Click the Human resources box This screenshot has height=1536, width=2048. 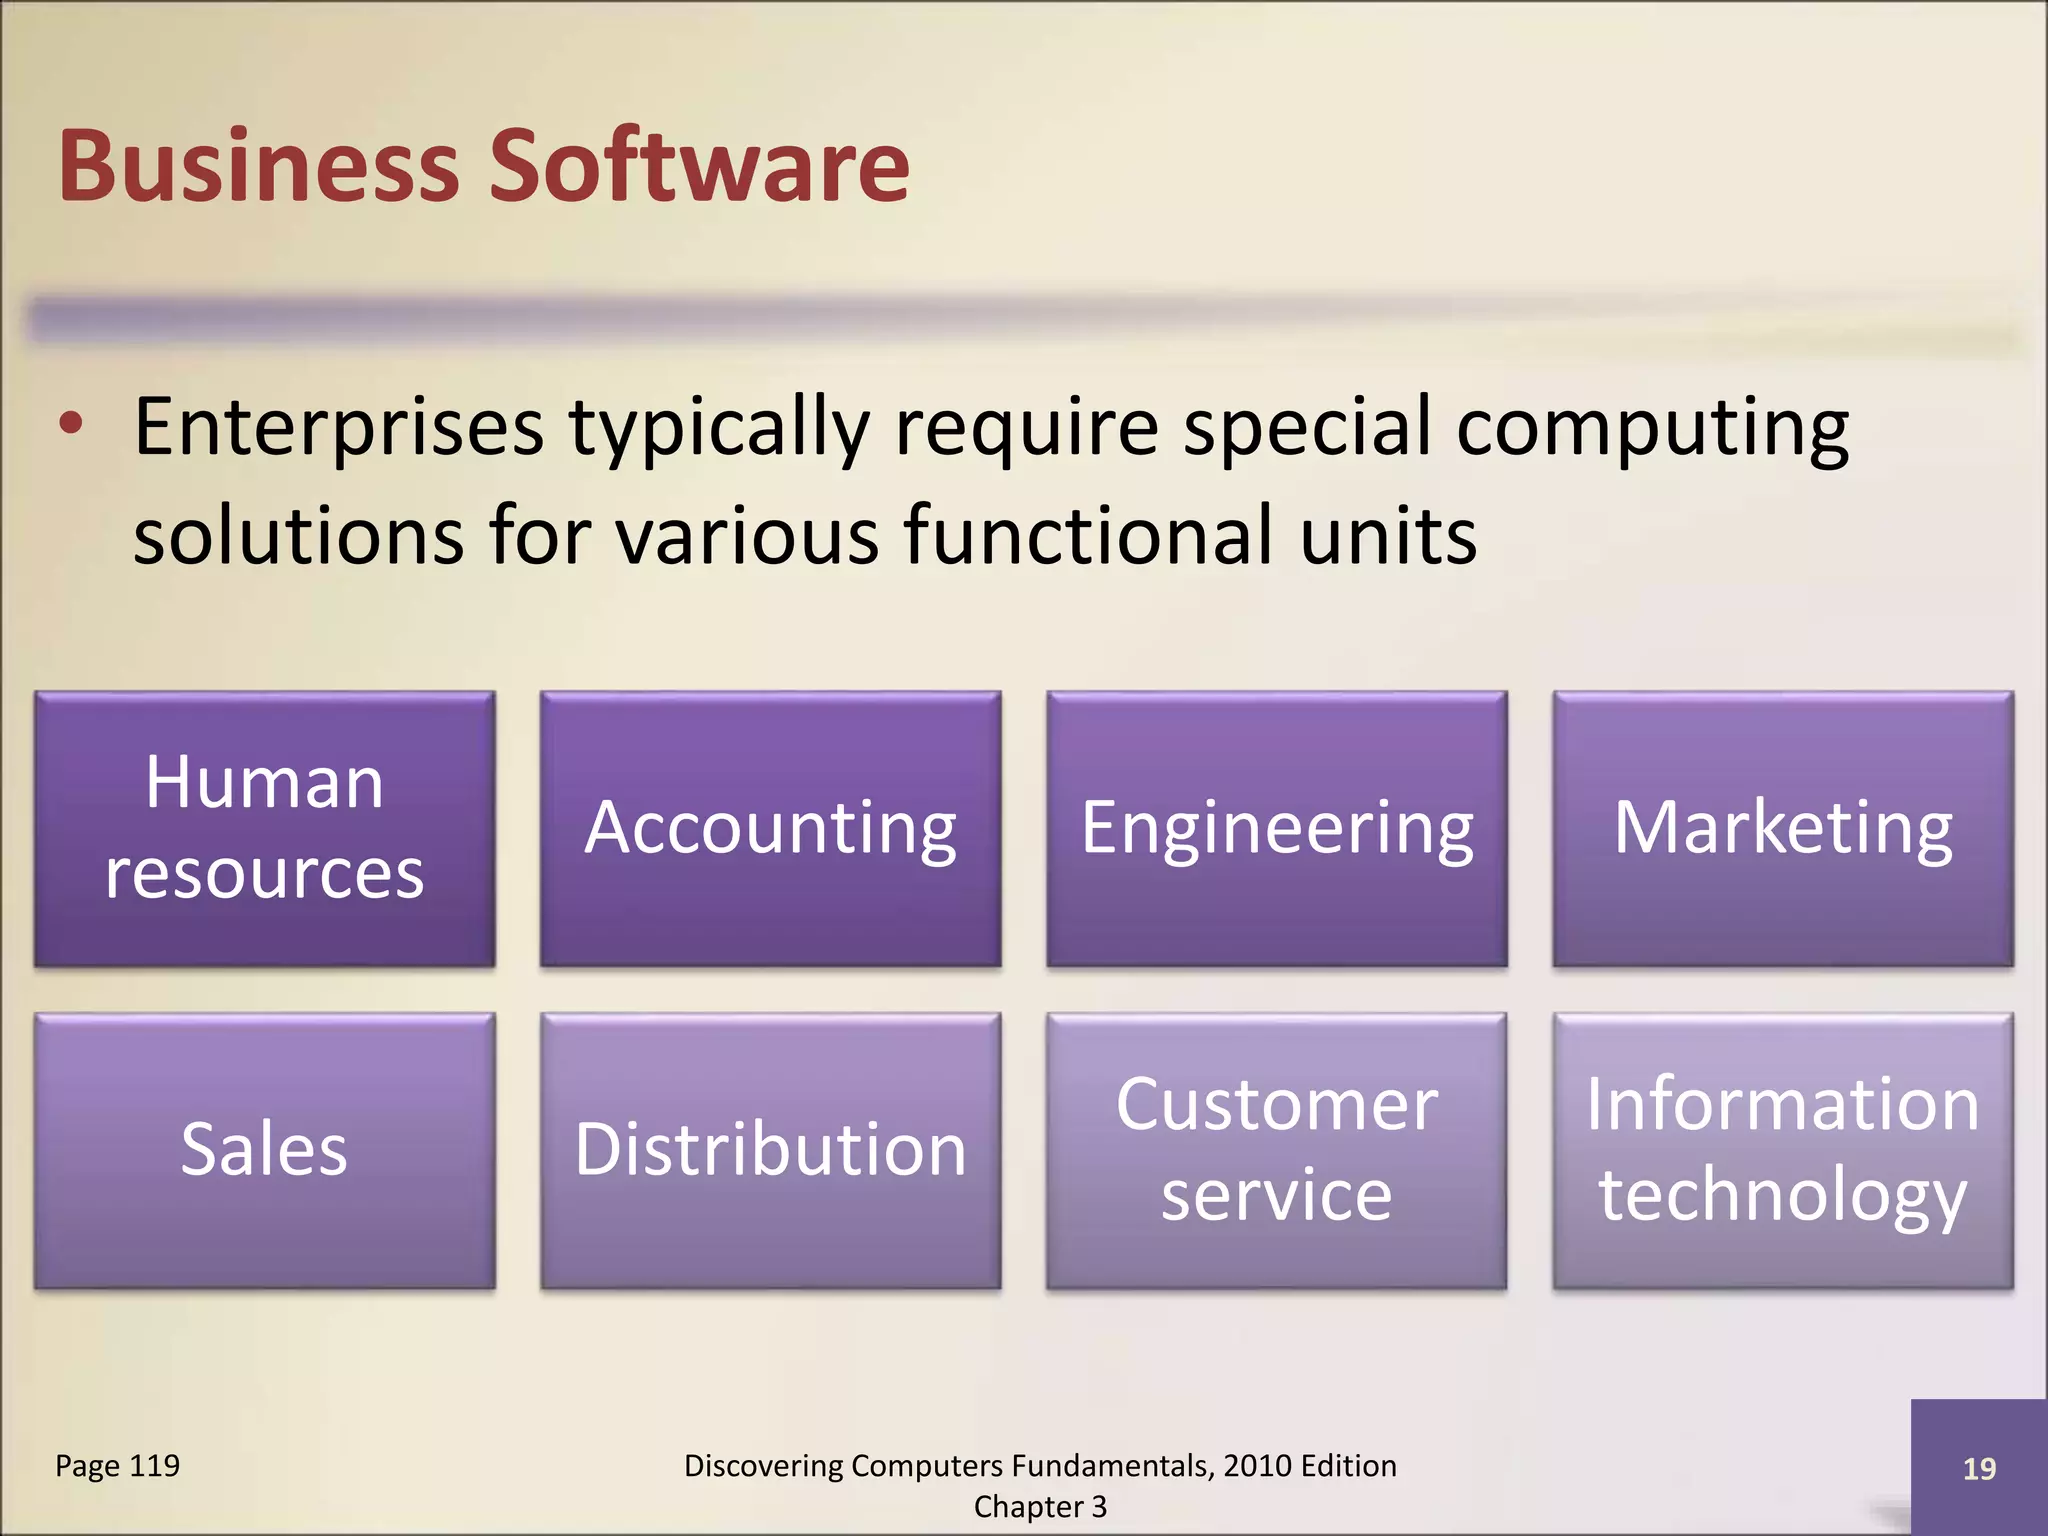click(264, 828)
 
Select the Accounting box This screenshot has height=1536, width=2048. click(770, 828)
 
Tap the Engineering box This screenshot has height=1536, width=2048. click(1276, 828)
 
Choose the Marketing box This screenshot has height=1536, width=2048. click(1782, 828)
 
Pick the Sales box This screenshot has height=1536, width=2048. click(264, 1150)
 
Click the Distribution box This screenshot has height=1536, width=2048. click(770, 1150)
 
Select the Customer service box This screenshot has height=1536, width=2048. click(1276, 1150)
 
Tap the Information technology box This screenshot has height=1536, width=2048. click(1782, 1150)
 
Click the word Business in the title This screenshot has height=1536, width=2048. click(258, 166)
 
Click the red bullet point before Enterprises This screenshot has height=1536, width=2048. click(71, 424)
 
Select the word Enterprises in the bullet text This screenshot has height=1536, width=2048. click(339, 428)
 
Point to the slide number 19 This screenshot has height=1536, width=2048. click(1979, 1469)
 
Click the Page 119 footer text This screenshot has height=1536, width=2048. click(117, 1466)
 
